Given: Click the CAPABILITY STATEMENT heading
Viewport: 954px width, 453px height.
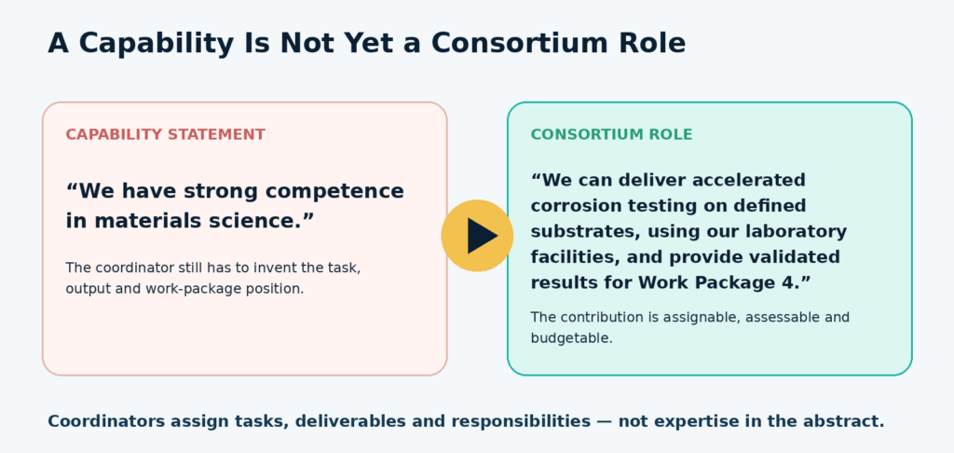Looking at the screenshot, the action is coord(166,134).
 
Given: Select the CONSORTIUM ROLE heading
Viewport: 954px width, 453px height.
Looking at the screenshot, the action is coord(611,134).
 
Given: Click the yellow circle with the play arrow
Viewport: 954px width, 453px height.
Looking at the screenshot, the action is coord(477,236).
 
